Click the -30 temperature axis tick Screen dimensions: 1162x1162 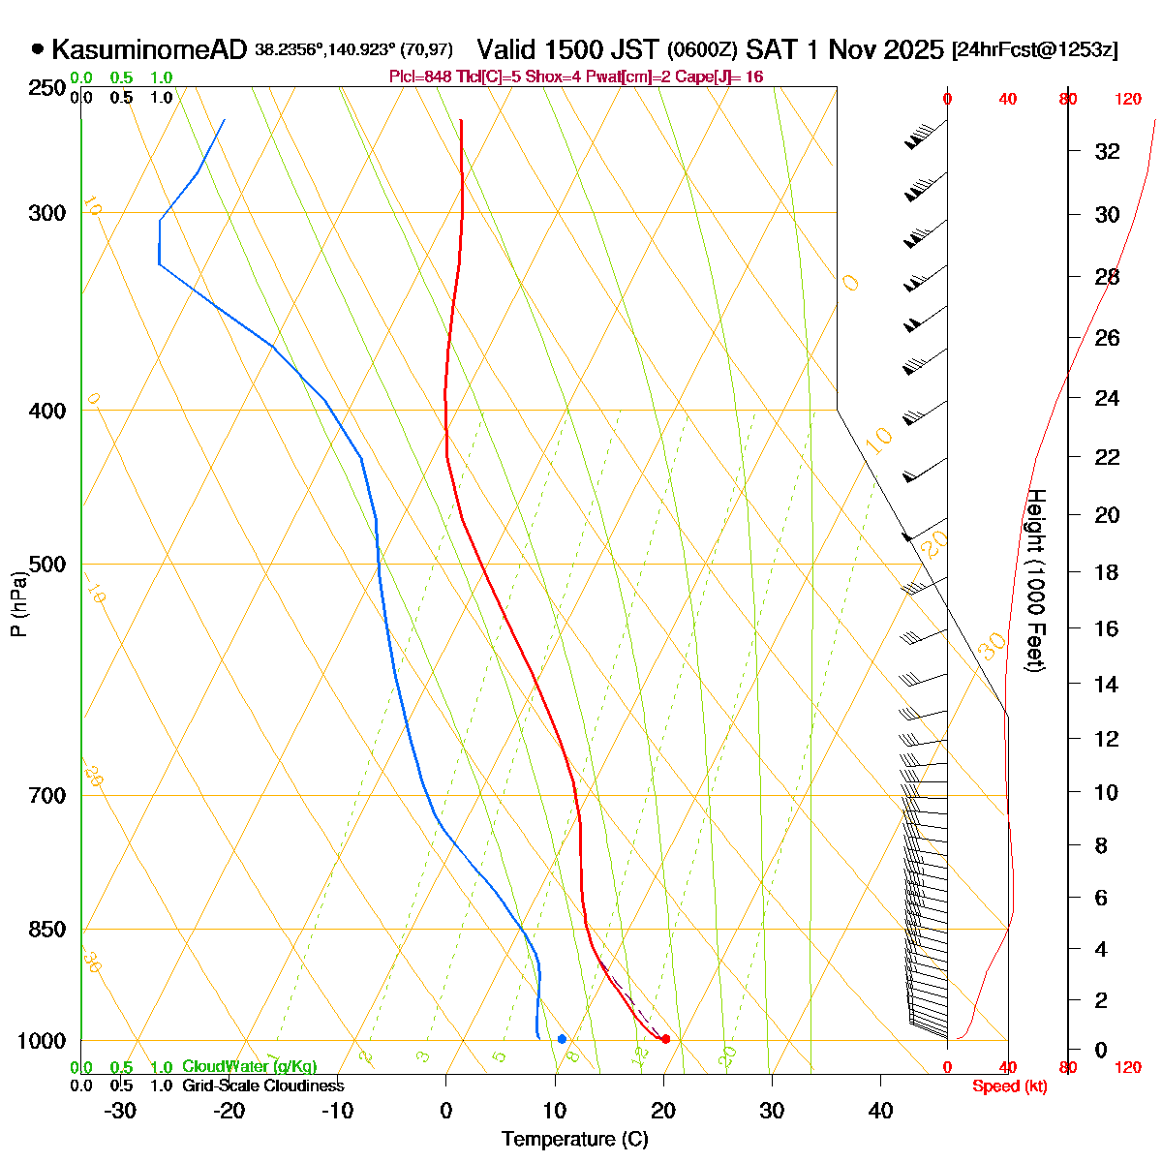[x=120, y=1111]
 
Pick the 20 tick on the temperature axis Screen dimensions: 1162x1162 [x=663, y=1111]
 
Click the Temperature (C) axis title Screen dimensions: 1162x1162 [x=574, y=1139]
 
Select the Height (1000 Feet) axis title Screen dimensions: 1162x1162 [x=1035, y=581]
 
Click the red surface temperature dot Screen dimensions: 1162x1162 [x=665, y=1039]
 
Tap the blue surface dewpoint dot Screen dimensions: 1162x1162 [x=562, y=1039]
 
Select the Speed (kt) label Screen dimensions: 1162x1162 [x=1010, y=1086]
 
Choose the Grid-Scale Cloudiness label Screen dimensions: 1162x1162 [x=262, y=1086]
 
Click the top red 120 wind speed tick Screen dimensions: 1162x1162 [x=1128, y=98]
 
